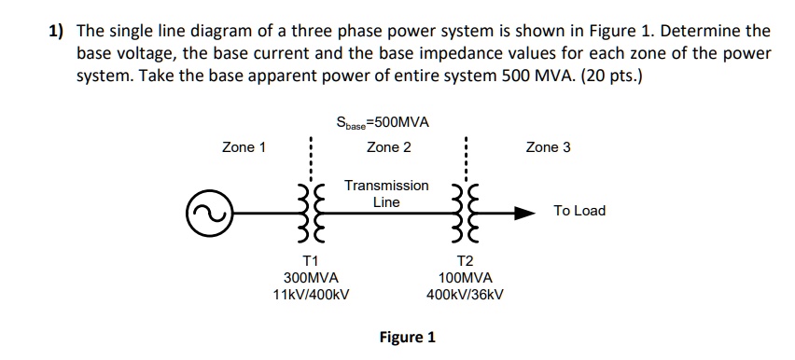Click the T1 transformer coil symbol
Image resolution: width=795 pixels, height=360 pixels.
coord(311,213)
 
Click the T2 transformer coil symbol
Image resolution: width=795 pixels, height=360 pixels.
coord(465,213)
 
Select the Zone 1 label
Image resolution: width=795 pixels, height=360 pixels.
coord(244,147)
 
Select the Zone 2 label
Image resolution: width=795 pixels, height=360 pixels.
coord(388,147)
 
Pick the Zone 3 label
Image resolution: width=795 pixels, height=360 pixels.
coord(548,147)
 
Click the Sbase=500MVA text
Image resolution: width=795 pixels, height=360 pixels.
coord(388,122)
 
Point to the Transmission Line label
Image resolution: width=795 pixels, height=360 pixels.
coord(386,194)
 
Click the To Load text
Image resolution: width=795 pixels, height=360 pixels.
coord(579,211)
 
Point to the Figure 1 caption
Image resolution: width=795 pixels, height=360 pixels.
coord(407,338)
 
